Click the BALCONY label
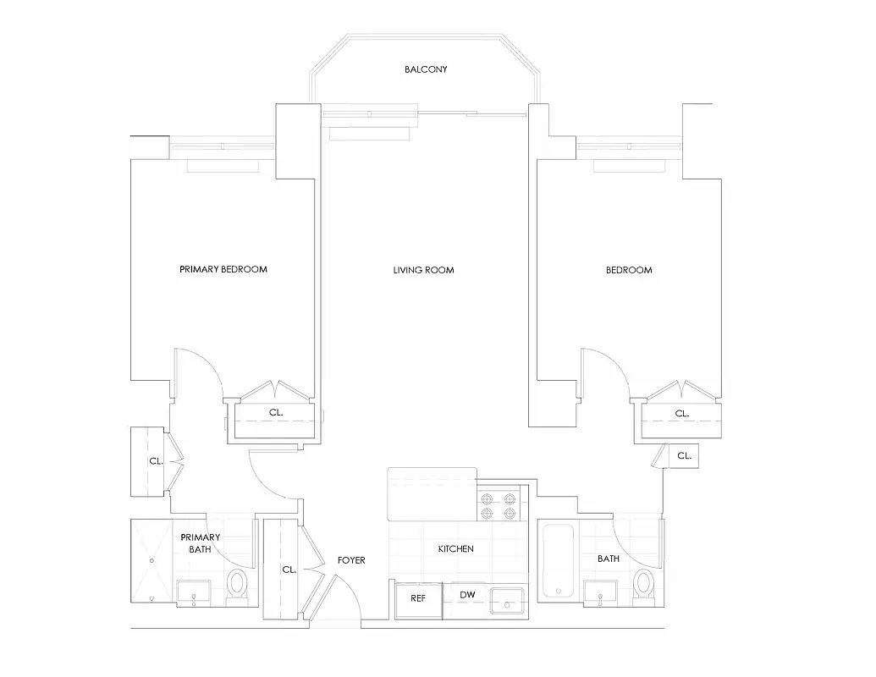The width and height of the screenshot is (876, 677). click(425, 69)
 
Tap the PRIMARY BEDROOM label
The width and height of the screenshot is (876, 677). click(223, 270)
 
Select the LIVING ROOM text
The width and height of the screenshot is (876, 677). click(423, 270)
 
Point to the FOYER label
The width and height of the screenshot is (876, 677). click(351, 560)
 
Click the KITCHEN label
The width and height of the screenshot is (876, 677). click(455, 549)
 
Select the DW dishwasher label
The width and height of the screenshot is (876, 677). click(467, 595)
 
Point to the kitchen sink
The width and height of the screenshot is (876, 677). click(508, 600)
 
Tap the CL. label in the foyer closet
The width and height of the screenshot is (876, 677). click(289, 570)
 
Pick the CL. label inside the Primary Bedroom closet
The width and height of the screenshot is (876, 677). click(276, 413)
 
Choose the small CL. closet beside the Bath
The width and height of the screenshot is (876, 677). click(684, 455)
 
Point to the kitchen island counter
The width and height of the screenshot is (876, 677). click(432, 494)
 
